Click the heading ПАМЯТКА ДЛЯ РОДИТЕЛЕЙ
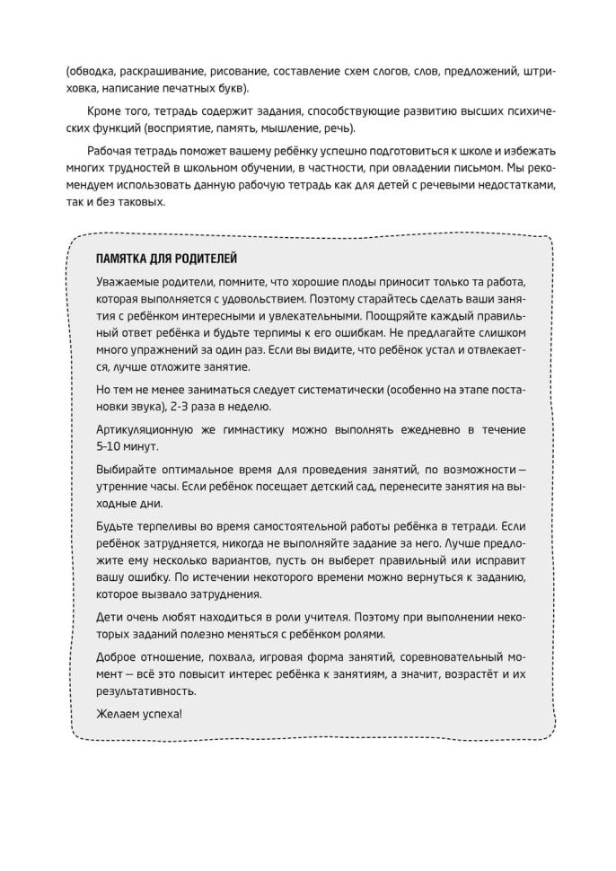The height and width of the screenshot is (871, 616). (x=166, y=259)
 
